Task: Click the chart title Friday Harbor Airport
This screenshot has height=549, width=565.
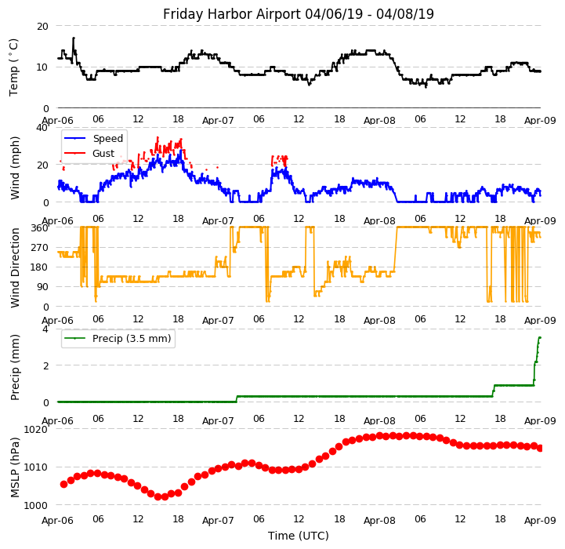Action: [x=299, y=14]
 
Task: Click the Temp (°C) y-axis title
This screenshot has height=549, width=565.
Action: [x=14, y=67]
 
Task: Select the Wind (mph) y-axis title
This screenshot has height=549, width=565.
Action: [x=15, y=167]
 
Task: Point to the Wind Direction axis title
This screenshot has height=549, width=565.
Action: [x=15, y=267]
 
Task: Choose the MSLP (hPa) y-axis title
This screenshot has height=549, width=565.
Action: [x=15, y=467]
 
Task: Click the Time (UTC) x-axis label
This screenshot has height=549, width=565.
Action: [x=299, y=536]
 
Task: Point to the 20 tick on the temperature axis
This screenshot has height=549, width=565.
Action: [x=42, y=26]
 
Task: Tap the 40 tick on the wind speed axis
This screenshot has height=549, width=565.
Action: [x=42, y=127]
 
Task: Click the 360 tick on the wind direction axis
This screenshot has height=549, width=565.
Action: [x=38, y=227]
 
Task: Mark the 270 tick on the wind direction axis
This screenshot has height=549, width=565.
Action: [x=38, y=247]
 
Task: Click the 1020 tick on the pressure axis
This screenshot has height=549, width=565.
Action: [x=35, y=429]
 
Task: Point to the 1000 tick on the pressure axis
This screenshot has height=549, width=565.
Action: [x=35, y=505]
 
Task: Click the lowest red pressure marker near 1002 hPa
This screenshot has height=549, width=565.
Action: [x=158, y=496]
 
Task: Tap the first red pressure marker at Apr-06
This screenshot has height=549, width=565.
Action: [x=63, y=484]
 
